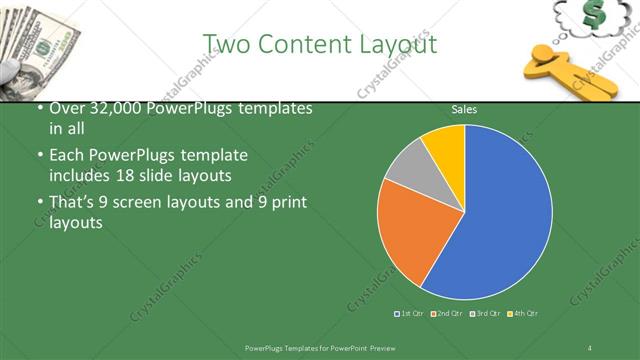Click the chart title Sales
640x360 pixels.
click(x=464, y=108)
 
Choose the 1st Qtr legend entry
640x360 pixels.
click(x=410, y=314)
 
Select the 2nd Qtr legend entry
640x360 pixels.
click(x=447, y=314)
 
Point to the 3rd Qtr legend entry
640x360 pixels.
click(x=485, y=314)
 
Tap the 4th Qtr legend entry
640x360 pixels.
click(x=523, y=314)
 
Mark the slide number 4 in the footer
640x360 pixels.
click(x=590, y=347)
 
